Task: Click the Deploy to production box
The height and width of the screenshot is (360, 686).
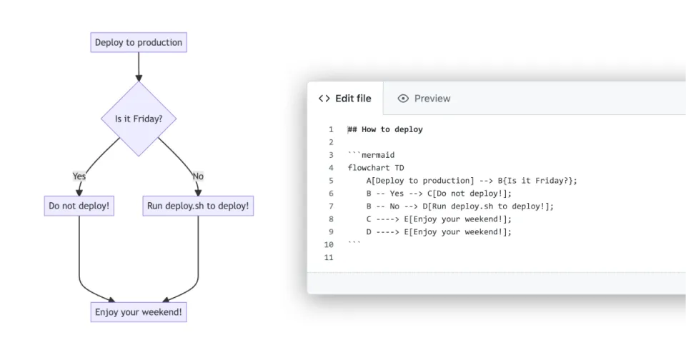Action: point(139,42)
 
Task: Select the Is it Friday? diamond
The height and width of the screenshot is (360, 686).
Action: point(139,119)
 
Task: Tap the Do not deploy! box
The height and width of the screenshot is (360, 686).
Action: point(79,206)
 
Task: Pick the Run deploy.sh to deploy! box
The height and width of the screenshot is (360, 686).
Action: point(198,206)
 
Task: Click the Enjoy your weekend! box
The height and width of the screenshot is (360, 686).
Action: point(139,312)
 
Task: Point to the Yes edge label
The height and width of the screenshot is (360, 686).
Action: point(79,176)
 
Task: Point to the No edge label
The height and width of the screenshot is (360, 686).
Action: point(198,176)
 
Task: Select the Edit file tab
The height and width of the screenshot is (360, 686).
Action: point(345,99)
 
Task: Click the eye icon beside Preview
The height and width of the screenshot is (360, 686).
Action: point(403,99)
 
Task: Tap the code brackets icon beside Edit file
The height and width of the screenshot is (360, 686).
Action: point(324,99)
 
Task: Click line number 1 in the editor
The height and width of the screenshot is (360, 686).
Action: point(331,129)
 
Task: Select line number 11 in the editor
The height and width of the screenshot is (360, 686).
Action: point(329,257)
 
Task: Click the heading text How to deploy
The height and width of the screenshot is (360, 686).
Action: point(392,129)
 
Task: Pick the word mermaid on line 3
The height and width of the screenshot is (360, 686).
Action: point(378,155)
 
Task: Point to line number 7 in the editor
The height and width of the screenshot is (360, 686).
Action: point(331,206)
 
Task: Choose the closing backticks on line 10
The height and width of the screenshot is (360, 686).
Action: point(354,243)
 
